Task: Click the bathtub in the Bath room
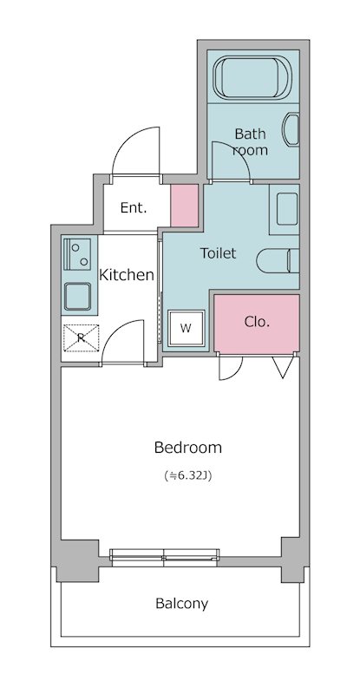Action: coord(252,78)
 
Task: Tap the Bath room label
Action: coord(251,141)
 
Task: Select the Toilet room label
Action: coord(218,253)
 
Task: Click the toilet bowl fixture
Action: coord(278,261)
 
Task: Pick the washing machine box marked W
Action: coord(186,328)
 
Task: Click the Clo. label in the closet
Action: coord(257,322)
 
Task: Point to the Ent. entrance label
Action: coord(134,207)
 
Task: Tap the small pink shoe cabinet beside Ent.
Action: coord(184,206)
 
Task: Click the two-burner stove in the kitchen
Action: coord(77,254)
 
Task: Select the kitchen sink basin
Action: coord(77,297)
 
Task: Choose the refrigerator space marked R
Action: coord(81,337)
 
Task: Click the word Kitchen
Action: coord(126,275)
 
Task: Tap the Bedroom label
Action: coord(187,448)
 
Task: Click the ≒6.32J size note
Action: coord(187,476)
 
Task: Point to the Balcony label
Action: coord(181,604)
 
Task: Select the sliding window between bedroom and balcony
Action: coord(164,557)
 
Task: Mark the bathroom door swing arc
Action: coord(236,154)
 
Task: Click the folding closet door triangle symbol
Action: coord(283,367)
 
